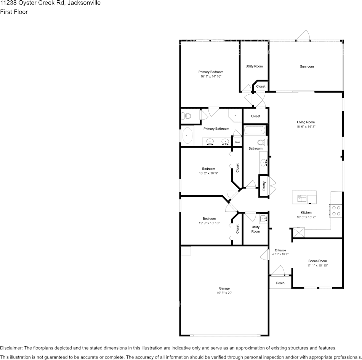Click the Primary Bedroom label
pos(211,72)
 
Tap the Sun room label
pos(307,67)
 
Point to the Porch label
pos(280,283)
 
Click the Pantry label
pos(264,186)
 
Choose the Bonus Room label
pos(317,261)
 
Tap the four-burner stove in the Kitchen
pos(336,210)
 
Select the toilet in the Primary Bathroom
pos(186,116)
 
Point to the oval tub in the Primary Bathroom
pos(187,136)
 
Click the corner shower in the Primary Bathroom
pos(235,115)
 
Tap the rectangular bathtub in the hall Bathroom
pos(255,131)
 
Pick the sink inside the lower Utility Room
pos(263,219)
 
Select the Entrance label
pos(280,250)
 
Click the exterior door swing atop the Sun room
pos(303,35)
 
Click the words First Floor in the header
pos(14,12)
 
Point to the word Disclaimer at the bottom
pos(11,348)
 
